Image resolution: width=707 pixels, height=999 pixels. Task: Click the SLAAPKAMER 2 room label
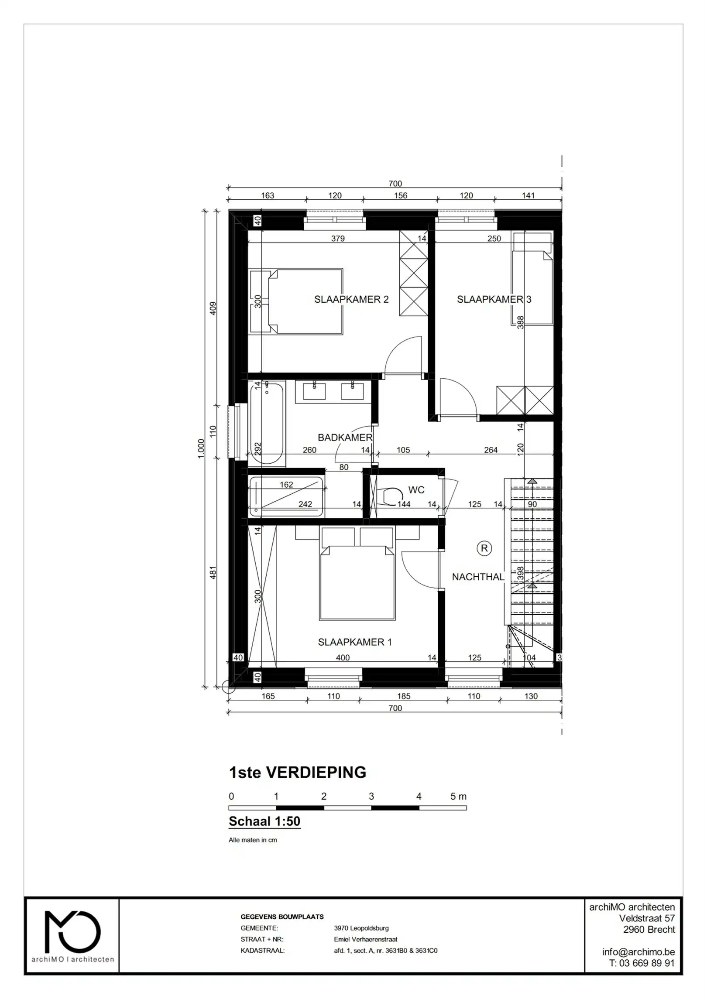tap(351, 299)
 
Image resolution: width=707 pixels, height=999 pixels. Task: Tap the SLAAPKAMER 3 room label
tap(494, 299)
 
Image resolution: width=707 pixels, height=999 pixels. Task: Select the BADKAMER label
tap(345, 437)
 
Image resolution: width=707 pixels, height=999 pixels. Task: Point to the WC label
tap(416, 490)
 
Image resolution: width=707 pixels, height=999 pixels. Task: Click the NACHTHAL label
tap(478, 577)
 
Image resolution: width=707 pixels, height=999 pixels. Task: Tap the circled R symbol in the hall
tap(484, 548)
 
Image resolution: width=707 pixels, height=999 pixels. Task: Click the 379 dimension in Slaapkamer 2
tap(338, 239)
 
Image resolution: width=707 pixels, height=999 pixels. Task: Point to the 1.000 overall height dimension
tap(201, 448)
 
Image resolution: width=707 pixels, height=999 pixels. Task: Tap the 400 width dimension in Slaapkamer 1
tap(343, 657)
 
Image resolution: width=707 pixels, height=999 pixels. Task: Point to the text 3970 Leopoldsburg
tap(361, 928)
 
